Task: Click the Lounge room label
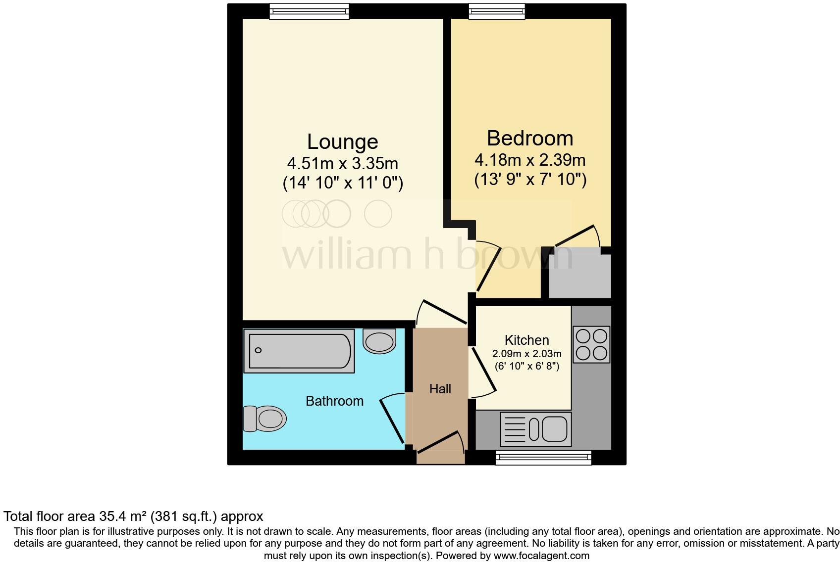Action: [x=342, y=141]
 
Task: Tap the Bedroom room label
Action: [x=529, y=138]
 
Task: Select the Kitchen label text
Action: [x=526, y=340]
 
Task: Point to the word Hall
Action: [x=440, y=389]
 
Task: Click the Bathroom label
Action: [x=334, y=401]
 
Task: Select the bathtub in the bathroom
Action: [x=299, y=351]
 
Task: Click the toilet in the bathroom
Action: [x=265, y=419]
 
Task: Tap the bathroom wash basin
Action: [x=379, y=341]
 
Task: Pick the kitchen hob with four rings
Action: [x=591, y=345]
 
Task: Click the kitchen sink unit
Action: [x=536, y=428]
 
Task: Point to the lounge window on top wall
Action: [x=309, y=11]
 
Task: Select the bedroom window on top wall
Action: [x=497, y=11]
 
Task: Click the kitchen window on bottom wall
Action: [x=543, y=458]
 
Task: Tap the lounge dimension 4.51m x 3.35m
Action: [x=342, y=163]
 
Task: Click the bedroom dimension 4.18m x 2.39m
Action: [x=529, y=160]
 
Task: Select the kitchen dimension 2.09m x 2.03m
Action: [x=526, y=354]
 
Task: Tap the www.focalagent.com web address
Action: [x=541, y=556]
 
